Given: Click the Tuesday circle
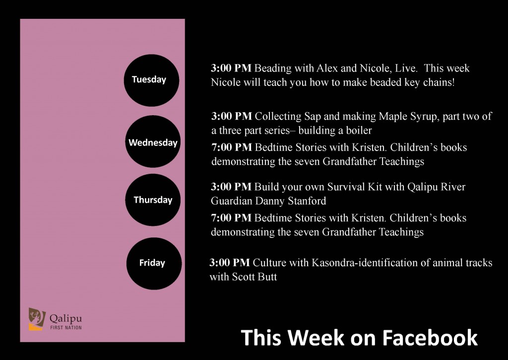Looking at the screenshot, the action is click(151, 80).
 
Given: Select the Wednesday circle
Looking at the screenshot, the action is click(153, 142).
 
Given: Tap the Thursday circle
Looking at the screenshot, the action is click(153, 200).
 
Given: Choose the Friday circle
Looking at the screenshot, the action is click(154, 263).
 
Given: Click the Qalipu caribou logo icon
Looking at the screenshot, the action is click(37, 319).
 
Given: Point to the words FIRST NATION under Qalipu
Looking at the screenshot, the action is click(66, 328).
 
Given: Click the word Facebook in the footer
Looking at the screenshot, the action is click(430, 338).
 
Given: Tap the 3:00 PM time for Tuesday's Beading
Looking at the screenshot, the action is click(231, 68).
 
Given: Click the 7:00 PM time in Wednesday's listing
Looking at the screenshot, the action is click(232, 147).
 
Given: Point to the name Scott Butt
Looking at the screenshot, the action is click(254, 277).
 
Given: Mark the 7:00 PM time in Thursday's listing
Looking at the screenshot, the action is click(231, 217).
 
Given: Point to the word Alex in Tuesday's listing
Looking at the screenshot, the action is click(327, 68).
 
